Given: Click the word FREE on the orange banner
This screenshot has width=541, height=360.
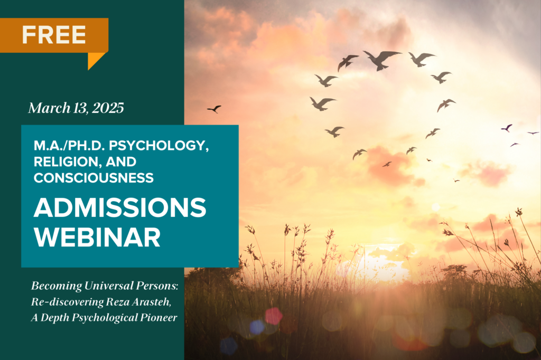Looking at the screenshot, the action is (x=54, y=34).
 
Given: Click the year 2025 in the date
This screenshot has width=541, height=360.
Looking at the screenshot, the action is (x=108, y=108).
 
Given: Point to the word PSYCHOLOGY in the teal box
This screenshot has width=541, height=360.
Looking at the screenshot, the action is (x=158, y=146).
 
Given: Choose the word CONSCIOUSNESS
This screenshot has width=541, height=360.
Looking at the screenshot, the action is (x=94, y=178).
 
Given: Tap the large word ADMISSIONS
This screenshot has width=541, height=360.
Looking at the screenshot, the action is (x=120, y=207).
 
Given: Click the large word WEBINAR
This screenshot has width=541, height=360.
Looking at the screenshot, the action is (x=97, y=237).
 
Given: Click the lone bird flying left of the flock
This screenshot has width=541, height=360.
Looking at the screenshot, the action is (x=214, y=109).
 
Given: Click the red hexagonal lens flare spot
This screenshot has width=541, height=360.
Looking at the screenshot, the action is (x=274, y=316).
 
